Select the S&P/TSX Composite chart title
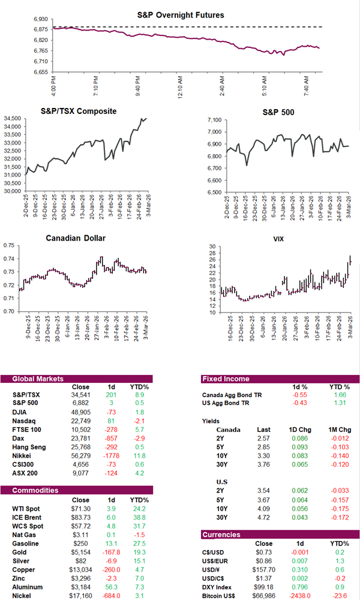coord(79,111)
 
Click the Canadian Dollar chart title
coord(76,238)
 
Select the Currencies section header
coord(221,533)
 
